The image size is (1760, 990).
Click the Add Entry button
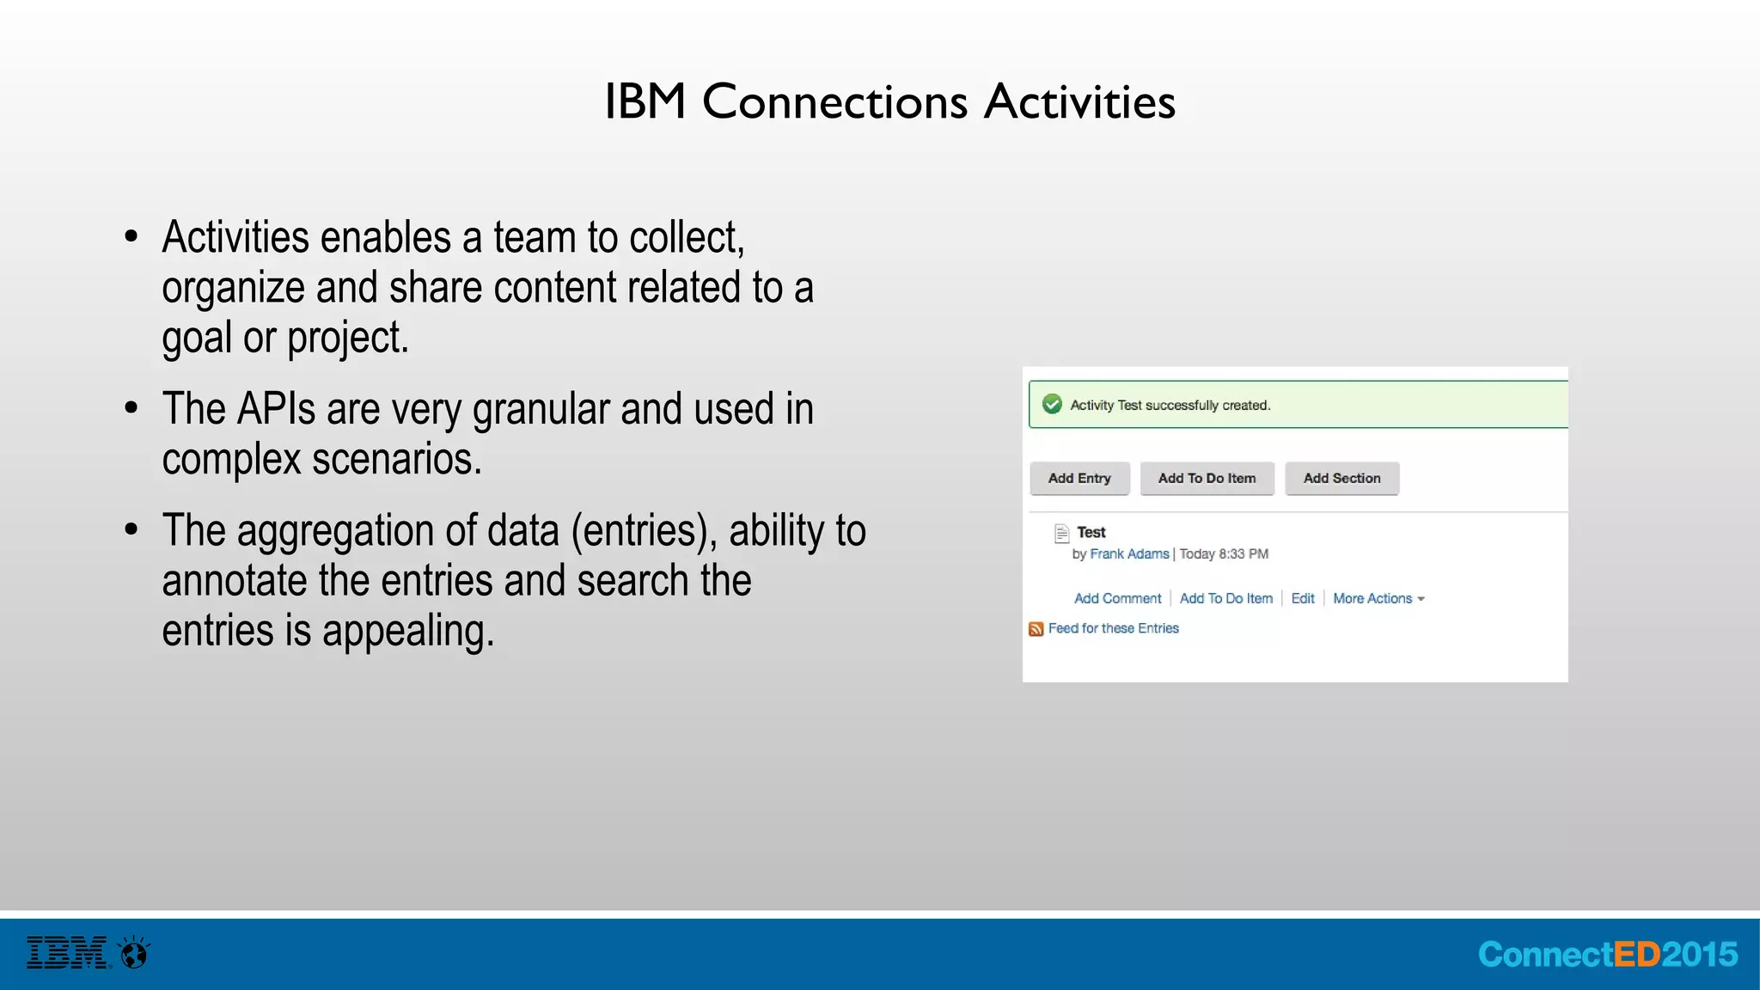tap(1079, 479)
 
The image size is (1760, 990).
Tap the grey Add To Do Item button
tap(1207, 479)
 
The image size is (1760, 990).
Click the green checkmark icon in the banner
tap(1052, 404)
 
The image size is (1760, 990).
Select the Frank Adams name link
tap(1129, 554)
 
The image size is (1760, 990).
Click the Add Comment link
tap(1117, 599)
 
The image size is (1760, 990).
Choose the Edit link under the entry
tap(1303, 599)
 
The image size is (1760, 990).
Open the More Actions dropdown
tap(1378, 599)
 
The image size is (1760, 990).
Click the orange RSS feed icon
tap(1036, 629)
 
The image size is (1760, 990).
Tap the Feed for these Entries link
tap(1114, 629)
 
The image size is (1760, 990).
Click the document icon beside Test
tap(1062, 534)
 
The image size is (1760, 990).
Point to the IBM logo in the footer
tap(67, 953)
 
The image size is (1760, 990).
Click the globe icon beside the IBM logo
tap(134, 953)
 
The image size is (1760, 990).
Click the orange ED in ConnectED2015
tap(1637, 955)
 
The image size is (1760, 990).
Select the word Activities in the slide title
tap(1079, 101)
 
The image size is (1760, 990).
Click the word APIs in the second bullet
tap(276, 409)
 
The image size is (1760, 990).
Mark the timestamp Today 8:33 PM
tap(1224, 554)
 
